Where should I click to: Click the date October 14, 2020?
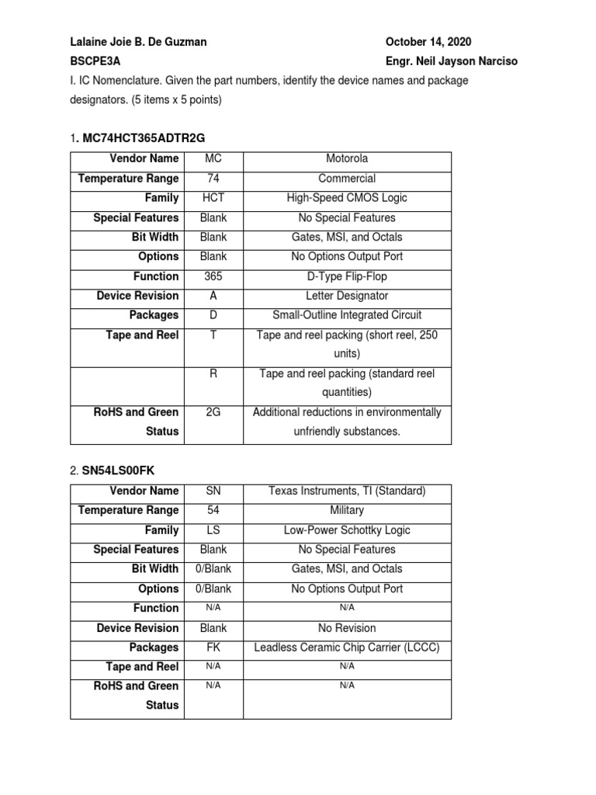pos(428,42)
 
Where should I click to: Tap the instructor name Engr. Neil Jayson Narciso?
pos(452,61)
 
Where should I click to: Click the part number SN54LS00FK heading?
pos(123,470)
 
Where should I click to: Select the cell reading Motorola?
pos(347,159)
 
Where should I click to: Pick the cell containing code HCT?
pos(213,198)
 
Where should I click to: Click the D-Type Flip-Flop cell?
pos(347,276)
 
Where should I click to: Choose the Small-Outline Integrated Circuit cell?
pos(347,315)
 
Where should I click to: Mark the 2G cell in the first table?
pos(213,412)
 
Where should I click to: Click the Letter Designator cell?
pos(347,296)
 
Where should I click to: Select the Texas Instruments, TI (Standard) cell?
pos(347,491)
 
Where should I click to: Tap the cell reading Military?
pos(347,510)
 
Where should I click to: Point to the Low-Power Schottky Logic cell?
pos(347,530)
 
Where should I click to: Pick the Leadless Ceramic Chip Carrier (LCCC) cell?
pos(347,647)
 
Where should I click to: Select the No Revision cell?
pos(347,628)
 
